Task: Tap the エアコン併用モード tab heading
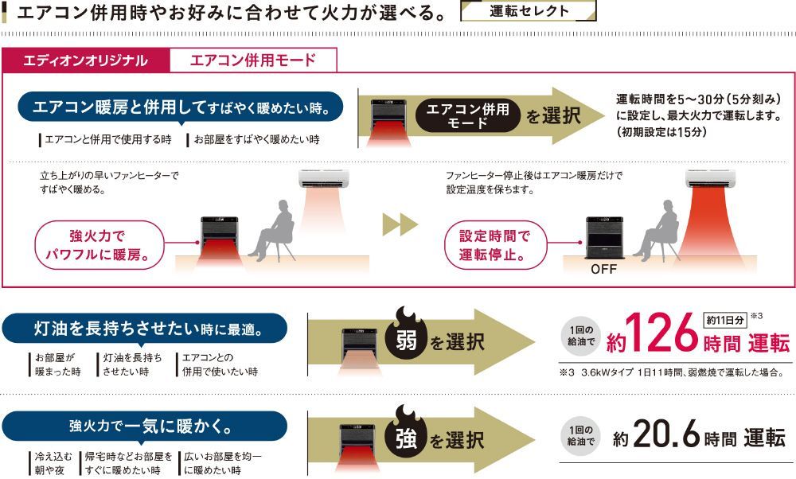[253, 60]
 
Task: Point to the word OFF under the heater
[603, 270]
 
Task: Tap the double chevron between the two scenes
[400, 224]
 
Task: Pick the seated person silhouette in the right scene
[656, 229]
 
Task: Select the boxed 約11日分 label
[724, 320]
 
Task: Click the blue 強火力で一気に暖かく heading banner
[144, 427]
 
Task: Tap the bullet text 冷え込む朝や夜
[53, 463]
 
